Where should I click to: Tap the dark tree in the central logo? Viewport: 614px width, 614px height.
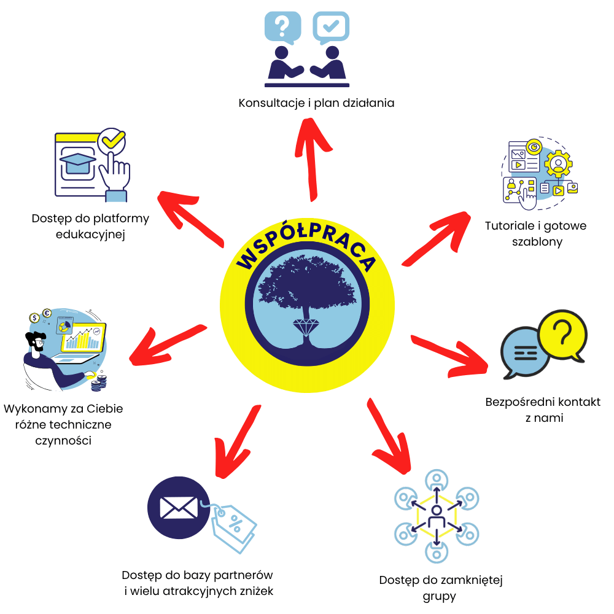[x=306, y=286]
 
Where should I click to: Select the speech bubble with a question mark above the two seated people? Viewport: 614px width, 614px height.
[x=282, y=26]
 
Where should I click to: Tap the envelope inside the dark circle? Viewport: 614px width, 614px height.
[x=178, y=508]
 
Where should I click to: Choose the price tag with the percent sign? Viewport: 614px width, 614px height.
[x=234, y=525]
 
